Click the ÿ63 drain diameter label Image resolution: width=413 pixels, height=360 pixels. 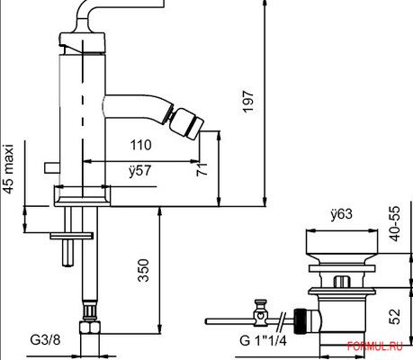(339, 215)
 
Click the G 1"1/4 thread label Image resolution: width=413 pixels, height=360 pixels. (263, 342)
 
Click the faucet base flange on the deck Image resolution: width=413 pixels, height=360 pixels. (82, 194)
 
